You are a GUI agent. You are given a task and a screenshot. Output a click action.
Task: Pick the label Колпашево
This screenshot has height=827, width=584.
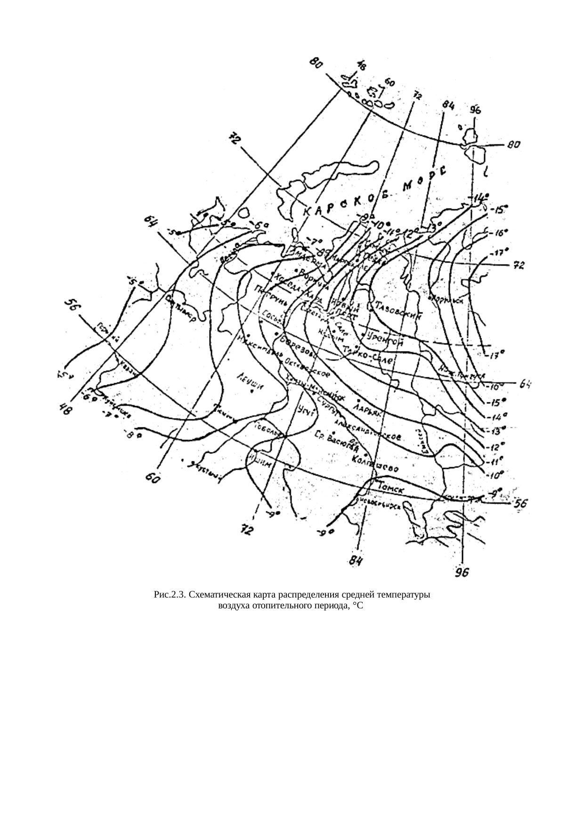[x=375, y=463]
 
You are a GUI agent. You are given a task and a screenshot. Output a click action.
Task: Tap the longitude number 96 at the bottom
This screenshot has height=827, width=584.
[x=462, y=572]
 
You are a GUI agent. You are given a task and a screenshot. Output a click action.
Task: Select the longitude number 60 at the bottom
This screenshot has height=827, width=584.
[x=153, y=478]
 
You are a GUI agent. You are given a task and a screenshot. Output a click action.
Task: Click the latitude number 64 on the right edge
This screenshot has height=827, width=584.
[x=525, y=384]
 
